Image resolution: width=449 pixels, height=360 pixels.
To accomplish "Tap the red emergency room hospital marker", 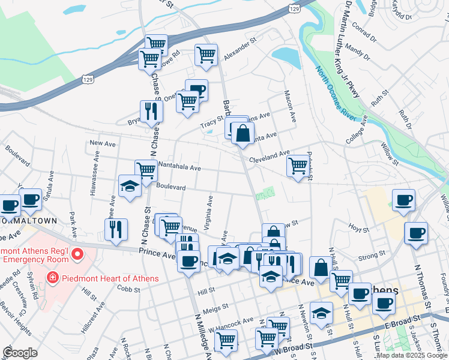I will click(77, 255).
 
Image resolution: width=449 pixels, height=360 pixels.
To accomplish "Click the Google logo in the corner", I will click(20, 353).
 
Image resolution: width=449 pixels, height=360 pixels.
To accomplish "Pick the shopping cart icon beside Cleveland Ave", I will click(298, 166).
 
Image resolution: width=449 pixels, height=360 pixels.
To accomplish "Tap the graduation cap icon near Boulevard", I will click(129, 187).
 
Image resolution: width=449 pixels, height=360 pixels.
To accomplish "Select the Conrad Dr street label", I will click(364, 29).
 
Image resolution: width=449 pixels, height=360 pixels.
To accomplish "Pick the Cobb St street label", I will click(129, 289).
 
